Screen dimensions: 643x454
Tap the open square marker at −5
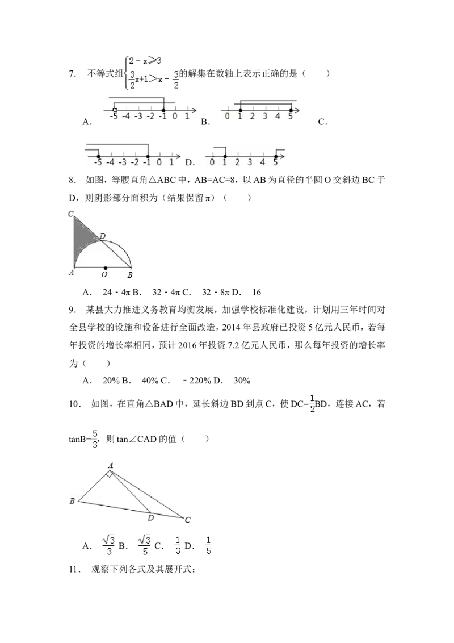pos(115,110)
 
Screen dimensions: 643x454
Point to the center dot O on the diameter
pos(105,268)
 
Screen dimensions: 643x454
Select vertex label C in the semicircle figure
pos(71,214)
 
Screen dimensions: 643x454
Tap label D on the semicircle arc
pos(102,236)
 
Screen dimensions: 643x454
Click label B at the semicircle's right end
pos(130,275)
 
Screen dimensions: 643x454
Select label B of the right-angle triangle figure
pos(72,501)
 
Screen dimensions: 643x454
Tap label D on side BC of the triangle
pos(150,517)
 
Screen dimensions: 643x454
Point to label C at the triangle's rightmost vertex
pos(188,520)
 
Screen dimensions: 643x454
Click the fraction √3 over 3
pos(108,545)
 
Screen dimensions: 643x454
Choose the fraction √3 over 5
pos(145,545)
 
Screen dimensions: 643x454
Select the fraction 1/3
pos(178,545)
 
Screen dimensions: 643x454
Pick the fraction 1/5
pos(208,545)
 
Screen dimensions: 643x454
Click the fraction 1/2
pos(311,402)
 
